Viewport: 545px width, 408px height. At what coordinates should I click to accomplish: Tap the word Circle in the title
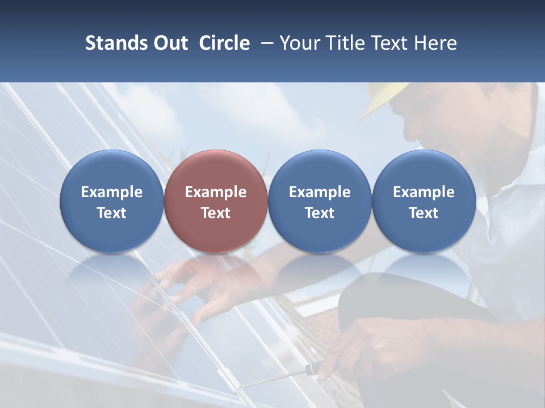224,43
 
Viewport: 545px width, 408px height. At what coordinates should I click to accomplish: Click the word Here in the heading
435,43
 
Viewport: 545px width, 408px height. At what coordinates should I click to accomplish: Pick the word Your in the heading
299,43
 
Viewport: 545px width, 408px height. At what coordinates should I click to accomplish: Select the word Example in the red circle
216,192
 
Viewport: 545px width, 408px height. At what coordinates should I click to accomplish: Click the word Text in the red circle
216,213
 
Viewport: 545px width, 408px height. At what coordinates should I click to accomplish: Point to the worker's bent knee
375,295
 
